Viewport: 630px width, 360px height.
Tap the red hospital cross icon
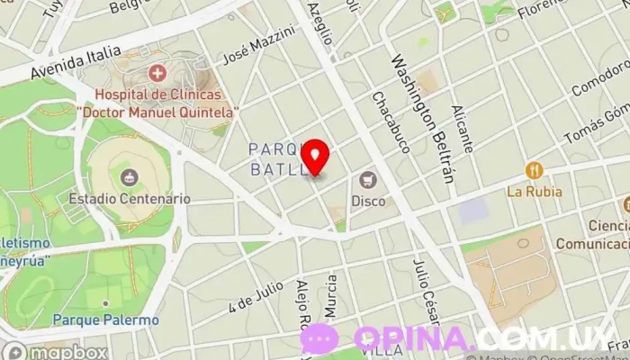point(157,72)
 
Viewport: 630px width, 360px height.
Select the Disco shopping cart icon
point(367,180)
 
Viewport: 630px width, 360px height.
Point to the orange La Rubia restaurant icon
point(534,170)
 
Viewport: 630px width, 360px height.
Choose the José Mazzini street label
point(258,44)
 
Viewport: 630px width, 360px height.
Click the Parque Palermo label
point(105,319)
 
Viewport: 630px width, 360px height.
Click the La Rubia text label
point(534,191)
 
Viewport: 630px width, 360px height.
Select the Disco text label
point(368,201)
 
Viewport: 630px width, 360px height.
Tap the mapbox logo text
point(68,351)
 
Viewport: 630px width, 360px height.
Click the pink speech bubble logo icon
point(319,339)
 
